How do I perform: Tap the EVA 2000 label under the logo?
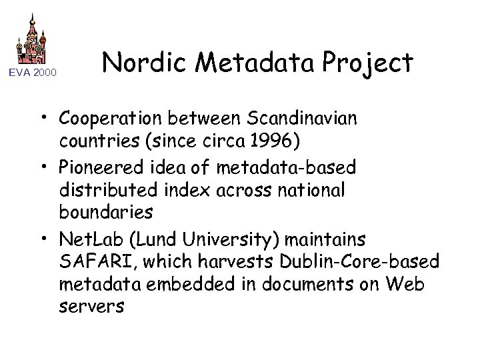point(33,71)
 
